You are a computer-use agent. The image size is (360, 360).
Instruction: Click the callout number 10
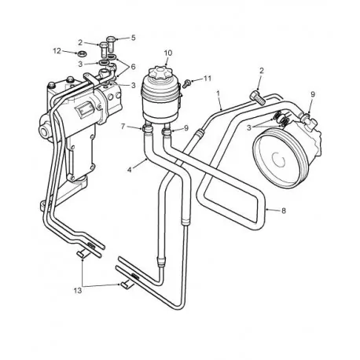pyautogui.click(x=167, y=53)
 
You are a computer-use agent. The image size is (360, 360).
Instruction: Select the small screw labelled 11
pyautogui.click(x=187, y=79)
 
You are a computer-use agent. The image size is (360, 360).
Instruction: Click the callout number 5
pyautogui.click(x=132, y=37)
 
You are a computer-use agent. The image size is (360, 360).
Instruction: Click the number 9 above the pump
pyautogui.click(x=312, y=96)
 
